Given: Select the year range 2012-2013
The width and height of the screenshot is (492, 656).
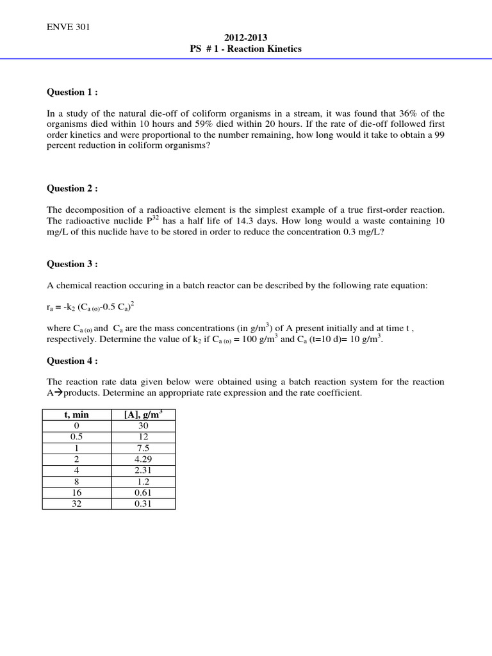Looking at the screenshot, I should [x=245, y=38].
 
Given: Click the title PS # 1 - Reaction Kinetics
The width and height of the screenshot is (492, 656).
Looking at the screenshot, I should [x=245, y=49].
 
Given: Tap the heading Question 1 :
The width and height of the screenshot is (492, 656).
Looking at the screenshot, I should [x=72, y=92].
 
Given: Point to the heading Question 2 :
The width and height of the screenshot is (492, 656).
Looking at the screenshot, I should [x=72, y=189].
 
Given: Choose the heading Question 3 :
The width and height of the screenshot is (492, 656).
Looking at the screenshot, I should [x=72, y=264].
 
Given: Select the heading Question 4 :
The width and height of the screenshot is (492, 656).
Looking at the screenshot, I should [x=72, y=361].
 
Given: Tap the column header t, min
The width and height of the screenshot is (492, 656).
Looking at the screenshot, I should [x=76, y=415].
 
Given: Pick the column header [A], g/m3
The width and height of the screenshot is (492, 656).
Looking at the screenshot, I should [x=143, y=414].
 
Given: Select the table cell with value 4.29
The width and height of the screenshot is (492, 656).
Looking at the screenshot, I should [x=143, y=459].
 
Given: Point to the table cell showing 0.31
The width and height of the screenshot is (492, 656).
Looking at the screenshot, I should [x=143, y=504].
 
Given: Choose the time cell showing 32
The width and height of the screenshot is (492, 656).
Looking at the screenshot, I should [x=76, y=504].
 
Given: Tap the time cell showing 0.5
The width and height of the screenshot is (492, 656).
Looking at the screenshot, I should [x=76, y=436].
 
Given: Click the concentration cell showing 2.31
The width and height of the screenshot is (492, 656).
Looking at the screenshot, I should [x=143, y=470].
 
